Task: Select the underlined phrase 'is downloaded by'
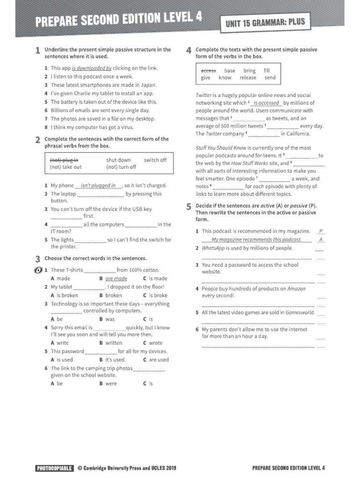[x=91, y=68]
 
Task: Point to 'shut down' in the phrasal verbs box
[x=118, y=160]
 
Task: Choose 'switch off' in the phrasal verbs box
[x=155, y=160]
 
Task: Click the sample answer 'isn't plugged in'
[x=98, y=185]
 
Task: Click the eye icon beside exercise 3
[x=38, y=270]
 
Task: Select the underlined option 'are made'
[x=116, y=278]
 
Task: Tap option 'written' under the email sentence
[x=113, y=343]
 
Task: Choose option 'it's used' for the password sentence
[x=115, y=360]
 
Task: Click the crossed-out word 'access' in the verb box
[x=209, y=71]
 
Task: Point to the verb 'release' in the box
[x=248, y=78]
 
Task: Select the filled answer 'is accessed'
[x=266, y=103]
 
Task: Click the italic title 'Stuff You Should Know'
[x=221, y=148]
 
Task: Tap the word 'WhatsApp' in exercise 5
[x=214, y=248]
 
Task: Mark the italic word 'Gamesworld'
[x=300, y=312]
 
